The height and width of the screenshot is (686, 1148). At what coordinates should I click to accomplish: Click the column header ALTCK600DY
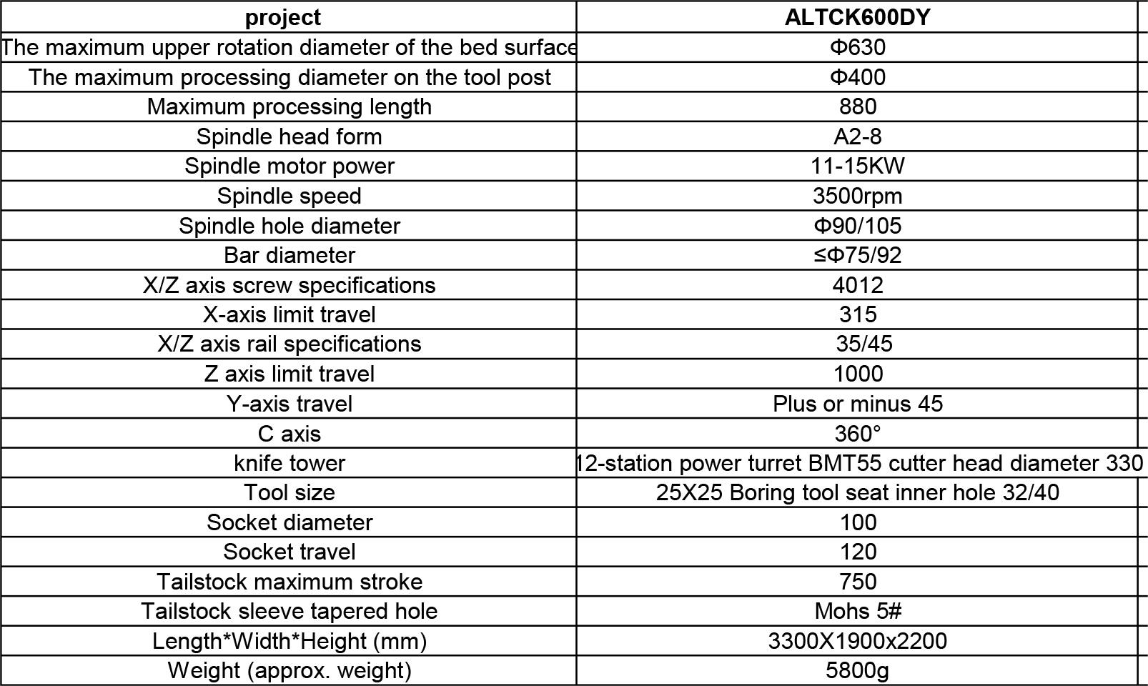pos(857,17)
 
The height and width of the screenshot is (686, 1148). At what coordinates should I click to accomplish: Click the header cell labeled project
pos(282,17)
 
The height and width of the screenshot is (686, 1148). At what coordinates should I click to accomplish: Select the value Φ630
pos(857,47)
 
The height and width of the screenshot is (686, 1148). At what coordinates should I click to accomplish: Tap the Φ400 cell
pos(857,77)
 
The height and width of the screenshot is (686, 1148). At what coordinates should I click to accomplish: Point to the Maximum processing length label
pos(289,106)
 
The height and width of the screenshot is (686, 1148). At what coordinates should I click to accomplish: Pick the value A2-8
pos(857,136)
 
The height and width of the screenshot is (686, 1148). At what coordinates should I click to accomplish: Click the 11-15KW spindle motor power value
pos(857,166)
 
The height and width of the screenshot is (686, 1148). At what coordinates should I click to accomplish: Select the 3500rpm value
pos(857,196)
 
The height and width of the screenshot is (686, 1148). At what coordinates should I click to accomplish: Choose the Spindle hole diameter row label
pos(289,226)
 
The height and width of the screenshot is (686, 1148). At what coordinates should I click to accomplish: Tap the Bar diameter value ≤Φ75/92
pos(857,255)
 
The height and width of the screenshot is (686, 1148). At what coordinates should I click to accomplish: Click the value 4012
pos(857,285)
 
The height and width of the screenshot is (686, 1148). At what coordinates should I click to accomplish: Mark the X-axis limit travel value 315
pos(857,314)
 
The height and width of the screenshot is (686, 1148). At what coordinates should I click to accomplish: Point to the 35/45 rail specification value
pos(864,344)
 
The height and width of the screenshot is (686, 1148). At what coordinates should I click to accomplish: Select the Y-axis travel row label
pos(289,404)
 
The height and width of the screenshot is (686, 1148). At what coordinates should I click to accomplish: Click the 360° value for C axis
pos(857,434)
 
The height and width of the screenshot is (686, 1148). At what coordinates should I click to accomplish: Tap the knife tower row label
pos(289,463)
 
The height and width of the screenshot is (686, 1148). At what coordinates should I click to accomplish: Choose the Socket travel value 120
pos(857,552)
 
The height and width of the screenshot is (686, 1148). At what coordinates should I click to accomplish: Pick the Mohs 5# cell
pos(857,611)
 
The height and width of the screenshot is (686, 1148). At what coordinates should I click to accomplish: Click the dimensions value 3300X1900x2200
pos(857,641)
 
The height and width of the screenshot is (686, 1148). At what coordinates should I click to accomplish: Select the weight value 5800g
pos(857,670)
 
